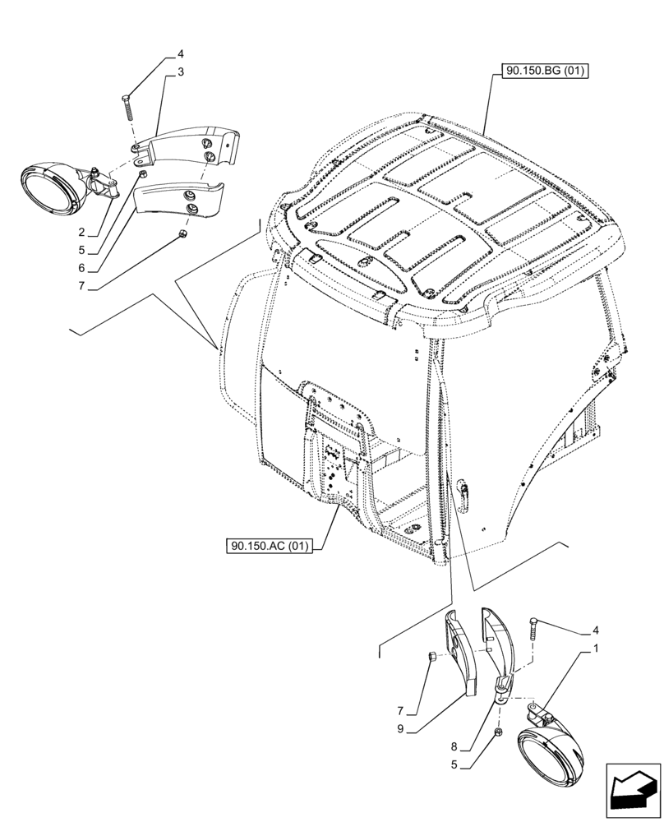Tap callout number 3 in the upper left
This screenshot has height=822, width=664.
179,72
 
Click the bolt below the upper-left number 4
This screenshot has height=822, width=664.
129,107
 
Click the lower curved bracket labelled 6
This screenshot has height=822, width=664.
180,202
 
